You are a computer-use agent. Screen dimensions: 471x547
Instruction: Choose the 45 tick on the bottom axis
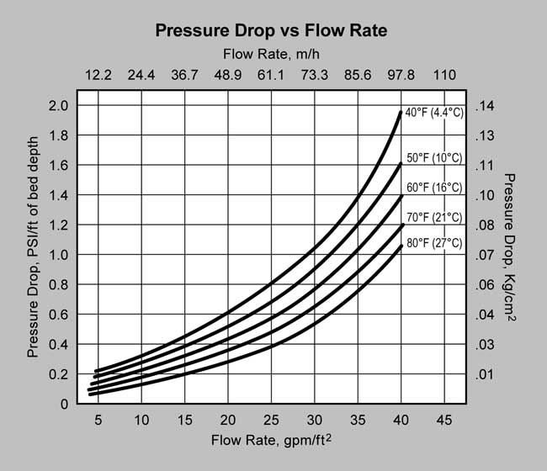pyautogui.click(x=443, y=420)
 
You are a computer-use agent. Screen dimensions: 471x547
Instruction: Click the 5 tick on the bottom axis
pyautogui.click(x=98, y=420)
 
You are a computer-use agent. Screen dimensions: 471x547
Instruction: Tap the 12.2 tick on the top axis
pyautogui.click(x=98, y=75)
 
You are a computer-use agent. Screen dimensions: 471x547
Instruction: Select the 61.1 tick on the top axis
pyautogui.click(x=271, y=75)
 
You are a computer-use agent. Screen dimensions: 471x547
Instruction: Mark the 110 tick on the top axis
pyautogui.click(x=443, y=75)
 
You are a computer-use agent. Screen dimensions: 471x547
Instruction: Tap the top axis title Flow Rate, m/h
pyautogui.click(x=271, y=55)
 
